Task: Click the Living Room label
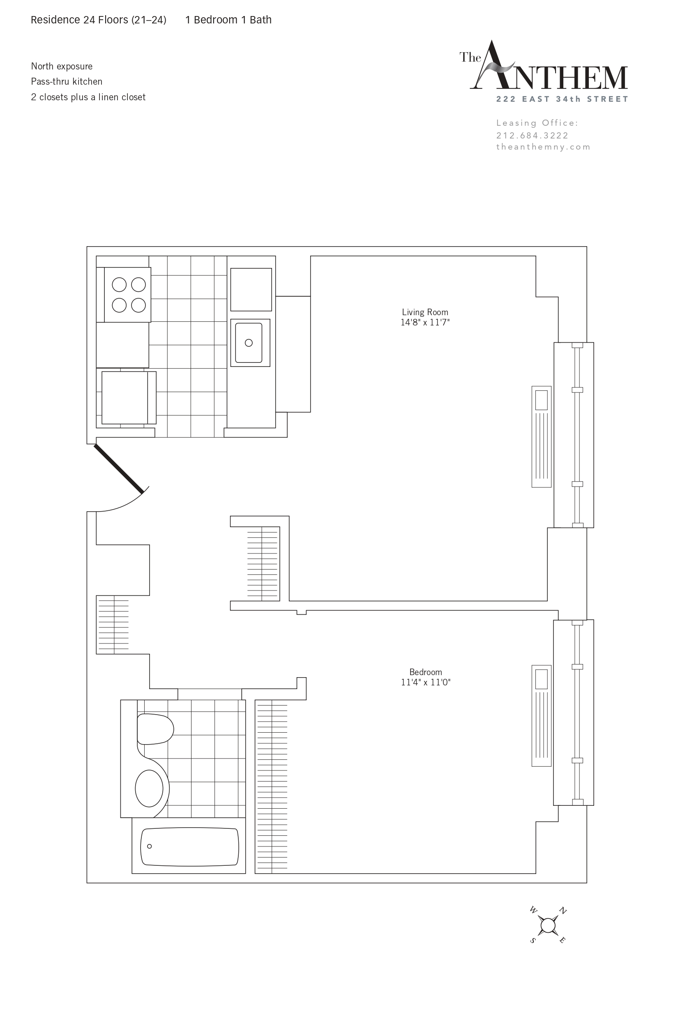[425, 312]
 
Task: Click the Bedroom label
[425, 672]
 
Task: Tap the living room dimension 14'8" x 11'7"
[425, 323]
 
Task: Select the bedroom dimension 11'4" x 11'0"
[425, 683]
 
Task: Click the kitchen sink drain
[249, 343]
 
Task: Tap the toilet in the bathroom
[155, 729]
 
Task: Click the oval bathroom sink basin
[149, 788]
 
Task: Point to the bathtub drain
[150, 846]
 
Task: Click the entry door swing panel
[119, 469]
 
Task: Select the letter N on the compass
[563, 911]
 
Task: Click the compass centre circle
[548, 926]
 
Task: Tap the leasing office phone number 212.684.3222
[532, 135]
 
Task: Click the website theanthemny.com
[543, 147]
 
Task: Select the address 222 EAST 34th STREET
[562, 99]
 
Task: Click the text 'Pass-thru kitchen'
[67, 82]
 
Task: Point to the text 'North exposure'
[62, 67]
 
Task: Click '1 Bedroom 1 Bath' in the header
[228, 20]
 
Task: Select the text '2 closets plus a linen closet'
[88, 97]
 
